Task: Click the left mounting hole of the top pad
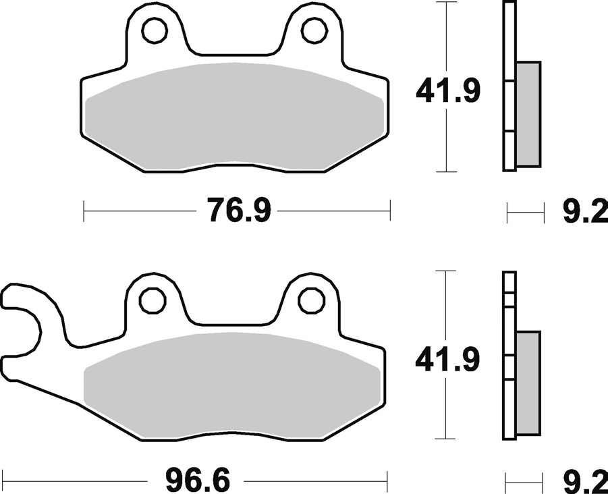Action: [x=155, y=30]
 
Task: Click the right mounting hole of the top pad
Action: [x=314, y=30]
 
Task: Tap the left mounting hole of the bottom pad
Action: [x=153, y=300]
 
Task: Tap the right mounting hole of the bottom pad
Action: [x=311, y=300]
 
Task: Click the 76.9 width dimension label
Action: [x=238, y=210]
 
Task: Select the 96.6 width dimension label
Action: [x=197, y=481]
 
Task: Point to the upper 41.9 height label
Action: [x=448, y=90]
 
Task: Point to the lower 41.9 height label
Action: [x=447, y=360]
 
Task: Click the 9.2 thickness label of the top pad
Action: [x=586, y=211]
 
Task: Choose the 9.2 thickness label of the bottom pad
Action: [x=586, y=481]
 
